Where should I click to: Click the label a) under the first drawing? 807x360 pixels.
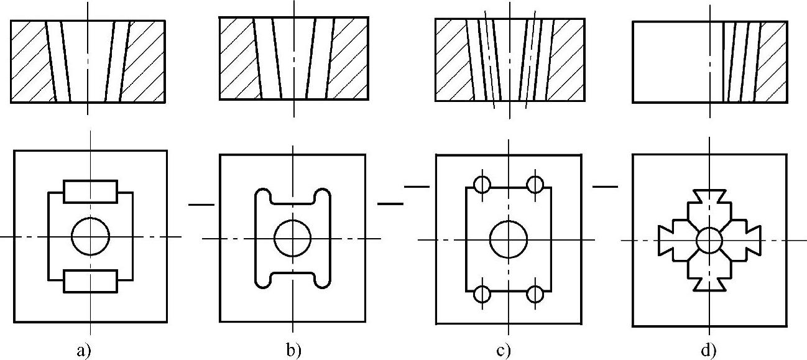(x=84, y=351)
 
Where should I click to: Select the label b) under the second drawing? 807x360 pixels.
(x=293, y=351)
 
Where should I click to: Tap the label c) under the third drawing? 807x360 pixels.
(x=504, y=351)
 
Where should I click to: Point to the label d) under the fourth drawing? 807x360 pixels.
(x=709, y=351)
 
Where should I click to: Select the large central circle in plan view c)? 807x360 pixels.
(x=509, y=239)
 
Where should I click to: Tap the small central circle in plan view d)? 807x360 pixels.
(x=709, y=240)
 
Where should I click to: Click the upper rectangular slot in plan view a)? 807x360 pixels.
(x=91, y=191)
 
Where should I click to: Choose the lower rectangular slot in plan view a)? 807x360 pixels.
(x=91, y=281)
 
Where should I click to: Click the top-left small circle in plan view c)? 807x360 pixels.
(x=482, y=185)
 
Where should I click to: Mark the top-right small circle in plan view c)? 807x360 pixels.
(x=535, y=185)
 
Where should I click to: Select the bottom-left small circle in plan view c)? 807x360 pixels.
(x=482, y=293)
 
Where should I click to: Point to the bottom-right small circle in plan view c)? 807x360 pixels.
(x=535, y=293)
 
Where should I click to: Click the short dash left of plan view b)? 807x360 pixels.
(x=201, y=203)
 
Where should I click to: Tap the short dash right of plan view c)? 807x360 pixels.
(x=606, y=185)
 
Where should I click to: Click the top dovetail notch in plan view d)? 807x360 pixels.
(x=709, y=196)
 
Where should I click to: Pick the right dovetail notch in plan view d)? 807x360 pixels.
(x=750, y=240)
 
